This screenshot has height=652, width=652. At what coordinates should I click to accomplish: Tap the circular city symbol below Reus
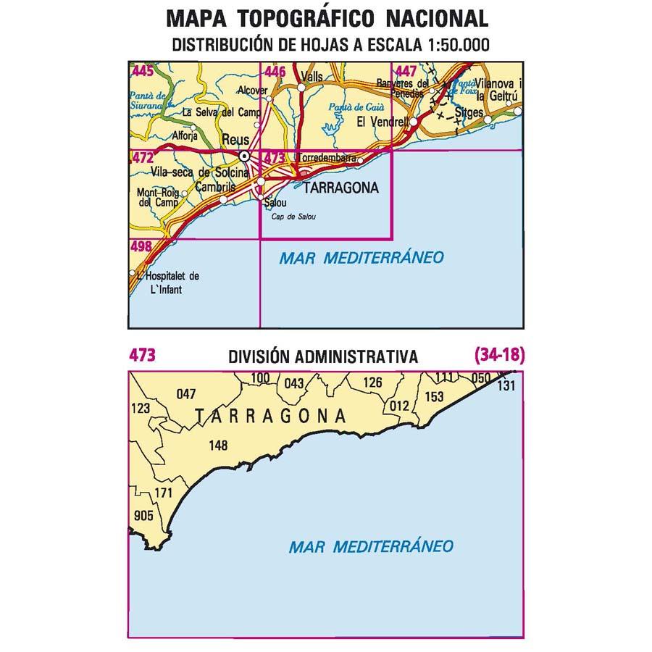[x=246, y=156]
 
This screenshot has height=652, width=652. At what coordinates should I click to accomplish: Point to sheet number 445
[x=143, y=71]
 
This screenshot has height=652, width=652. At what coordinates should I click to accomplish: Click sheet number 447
[x=406, y=71]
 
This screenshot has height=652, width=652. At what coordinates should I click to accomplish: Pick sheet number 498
[x=141, y=246]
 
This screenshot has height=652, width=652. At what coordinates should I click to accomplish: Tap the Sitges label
[x=470, y=113]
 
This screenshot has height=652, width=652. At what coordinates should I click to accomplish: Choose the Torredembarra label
[x=327, y=157]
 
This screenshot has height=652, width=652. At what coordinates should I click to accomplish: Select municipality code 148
[x=218, y=446]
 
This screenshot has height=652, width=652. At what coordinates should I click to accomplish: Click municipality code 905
[x=144, y=516]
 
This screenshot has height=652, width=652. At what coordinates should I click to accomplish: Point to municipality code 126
[x=372, y=383]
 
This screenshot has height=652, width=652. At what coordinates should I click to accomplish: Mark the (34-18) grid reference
[x=499, y=355]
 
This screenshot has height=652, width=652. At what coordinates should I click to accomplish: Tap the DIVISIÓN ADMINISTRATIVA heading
[x=322, y=356]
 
